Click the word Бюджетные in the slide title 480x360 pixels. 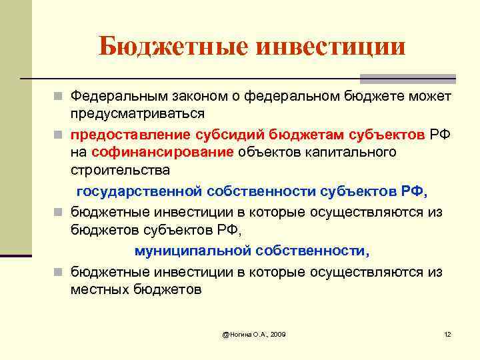(x=171, y=46)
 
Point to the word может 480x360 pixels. (x=429, y=97)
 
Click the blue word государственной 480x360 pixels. (x=139, y=191)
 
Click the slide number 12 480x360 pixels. (x=447, y=333)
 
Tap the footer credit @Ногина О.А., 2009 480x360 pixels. (x=253, y=333)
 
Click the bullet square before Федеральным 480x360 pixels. (x=59, y=97)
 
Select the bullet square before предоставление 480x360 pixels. (x=59, y=135)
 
